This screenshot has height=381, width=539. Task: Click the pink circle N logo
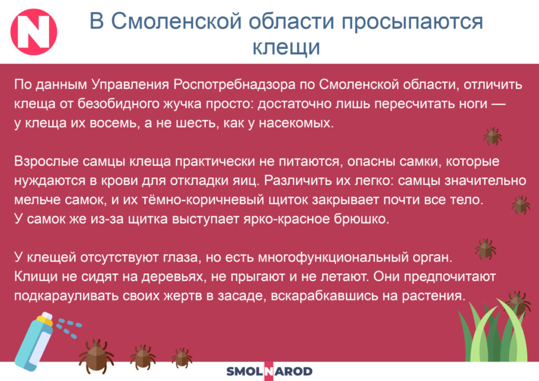point(34,32)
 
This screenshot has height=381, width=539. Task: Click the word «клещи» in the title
point(286,47)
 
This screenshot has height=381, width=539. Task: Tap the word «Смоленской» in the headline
point(176,21)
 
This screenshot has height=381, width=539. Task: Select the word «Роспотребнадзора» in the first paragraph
point(234,85)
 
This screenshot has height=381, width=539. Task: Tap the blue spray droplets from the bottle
point(69,328)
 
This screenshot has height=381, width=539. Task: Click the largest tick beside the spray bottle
point(96,356)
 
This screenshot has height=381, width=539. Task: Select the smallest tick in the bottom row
point(182,358)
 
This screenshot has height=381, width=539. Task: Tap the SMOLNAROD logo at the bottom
point(269,372)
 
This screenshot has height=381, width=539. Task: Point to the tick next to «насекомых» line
point(493,136)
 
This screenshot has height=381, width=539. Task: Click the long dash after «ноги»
point(499,104)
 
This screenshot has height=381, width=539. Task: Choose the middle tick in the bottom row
point(143,357)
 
